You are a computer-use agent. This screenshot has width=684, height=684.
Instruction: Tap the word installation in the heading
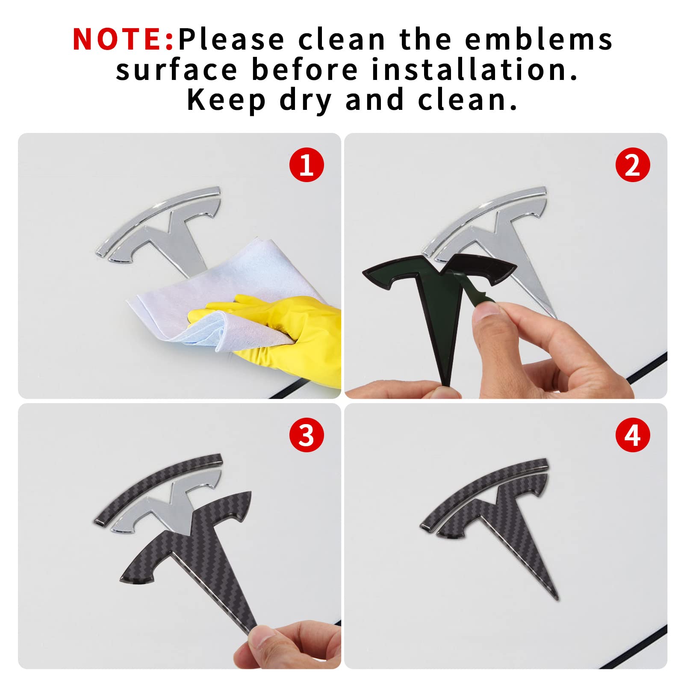[475, 70]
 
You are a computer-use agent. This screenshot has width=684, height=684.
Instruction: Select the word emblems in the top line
[539, 39]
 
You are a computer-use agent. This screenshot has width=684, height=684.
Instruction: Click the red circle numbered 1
[307, 165]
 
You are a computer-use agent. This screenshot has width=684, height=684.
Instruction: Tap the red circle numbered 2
[633, 165]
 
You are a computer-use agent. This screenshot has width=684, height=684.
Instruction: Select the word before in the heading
[304, 70]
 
